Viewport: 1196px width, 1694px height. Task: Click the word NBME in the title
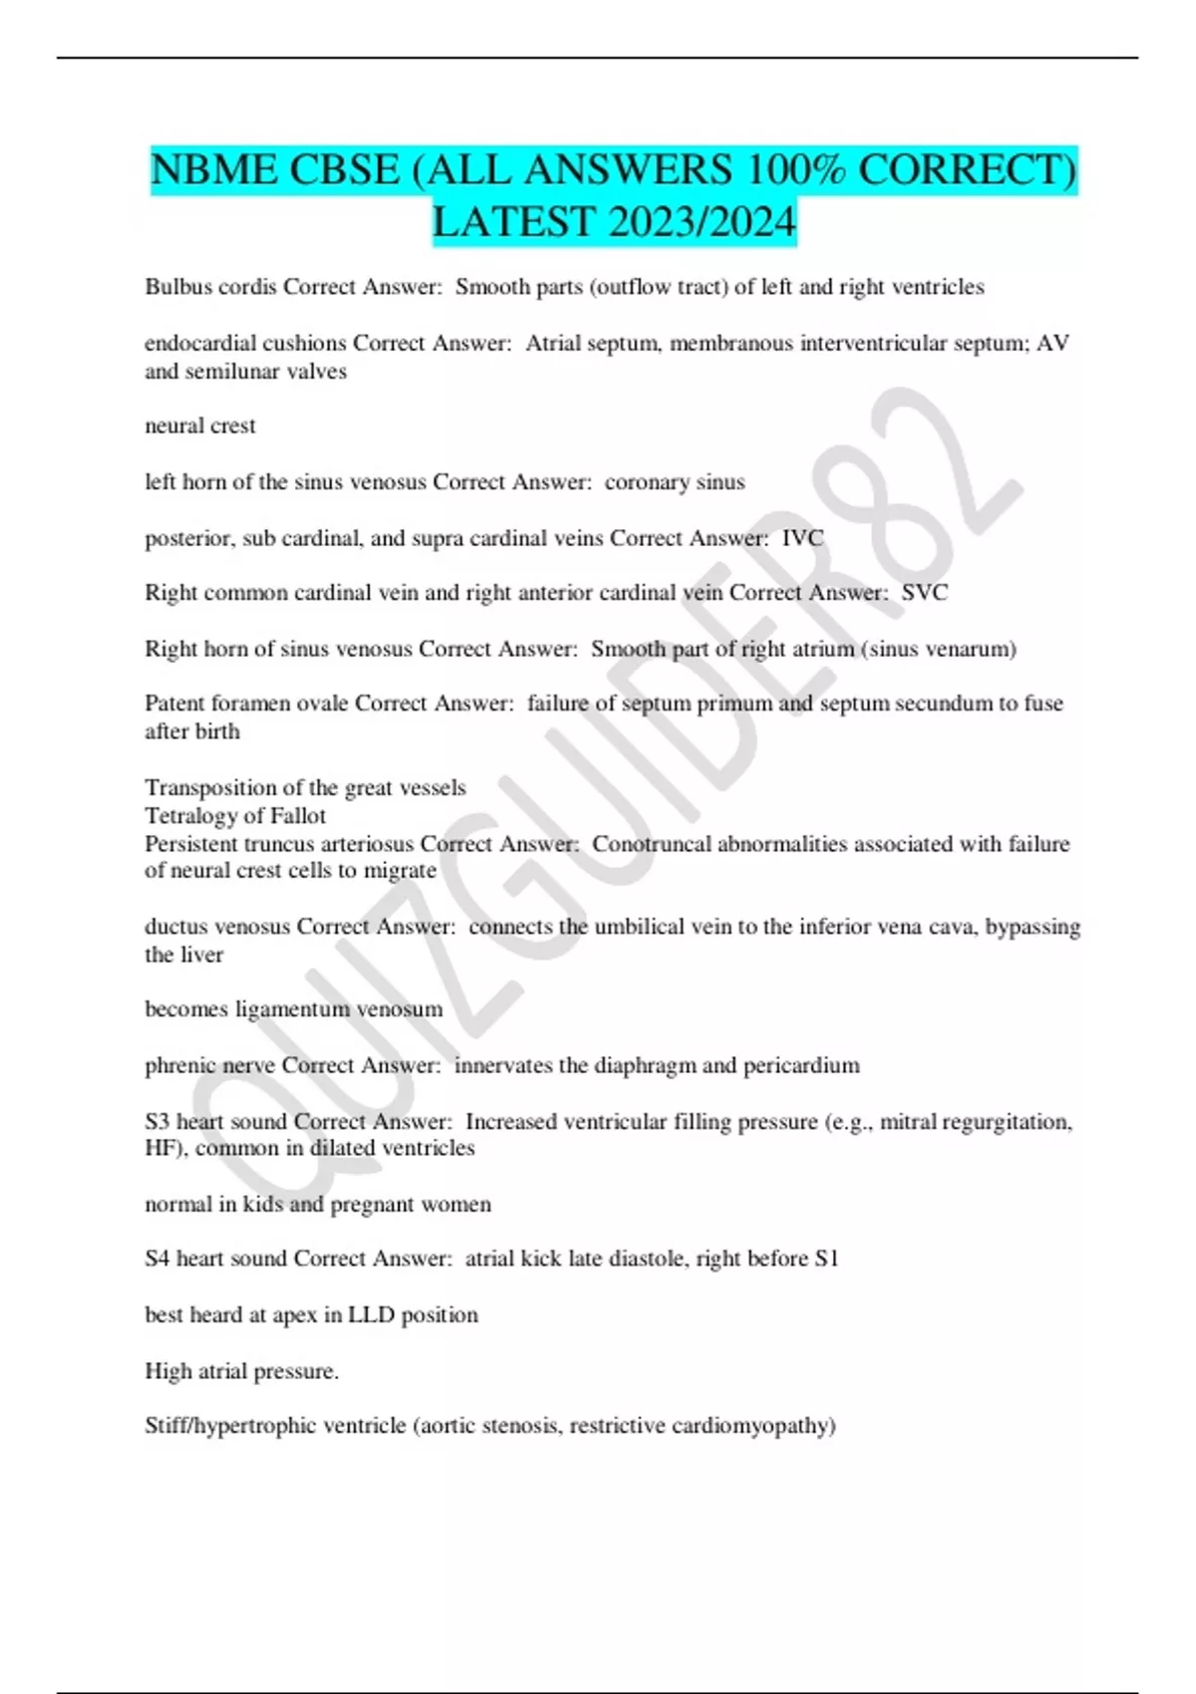pyautogui.click(x=212, y=169)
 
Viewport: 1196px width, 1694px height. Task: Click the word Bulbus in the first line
pyautogui.click(x=175, y=287)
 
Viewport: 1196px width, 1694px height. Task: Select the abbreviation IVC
pyautogui.click(x=802, y=538)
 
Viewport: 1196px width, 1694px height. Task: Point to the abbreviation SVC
pyautogui.click(x=924, y=593)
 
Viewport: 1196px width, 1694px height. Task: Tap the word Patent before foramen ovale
pyautogui.click(x=174, y=704)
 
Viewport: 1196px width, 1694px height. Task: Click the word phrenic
pyautogui.click(x=179, y=1065)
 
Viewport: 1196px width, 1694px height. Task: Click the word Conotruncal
pyautogui.click(x=652, y=844)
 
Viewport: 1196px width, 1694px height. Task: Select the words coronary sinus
pyautogui.click(x=675, y=482)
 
